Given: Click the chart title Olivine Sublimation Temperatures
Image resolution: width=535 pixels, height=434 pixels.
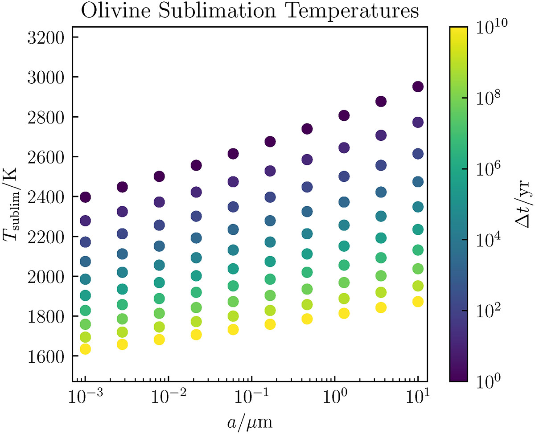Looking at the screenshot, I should (x=249, y=11).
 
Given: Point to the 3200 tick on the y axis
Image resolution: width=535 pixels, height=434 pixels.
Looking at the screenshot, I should (x=46, y=37).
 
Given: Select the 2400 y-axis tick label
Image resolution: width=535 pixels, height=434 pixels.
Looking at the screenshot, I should (x=46, y=197).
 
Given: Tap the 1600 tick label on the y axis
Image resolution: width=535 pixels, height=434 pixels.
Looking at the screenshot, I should (x=46, y=356).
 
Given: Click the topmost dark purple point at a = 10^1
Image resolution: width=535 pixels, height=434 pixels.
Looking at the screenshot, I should (x=418, y=87).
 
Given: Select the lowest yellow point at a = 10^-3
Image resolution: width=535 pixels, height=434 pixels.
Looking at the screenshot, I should (x=85, y=349).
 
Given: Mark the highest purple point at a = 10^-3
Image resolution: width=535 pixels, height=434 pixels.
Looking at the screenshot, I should (x=85, y=197).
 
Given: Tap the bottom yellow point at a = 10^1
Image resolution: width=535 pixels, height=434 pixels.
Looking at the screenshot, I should (x=418, y=302).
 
